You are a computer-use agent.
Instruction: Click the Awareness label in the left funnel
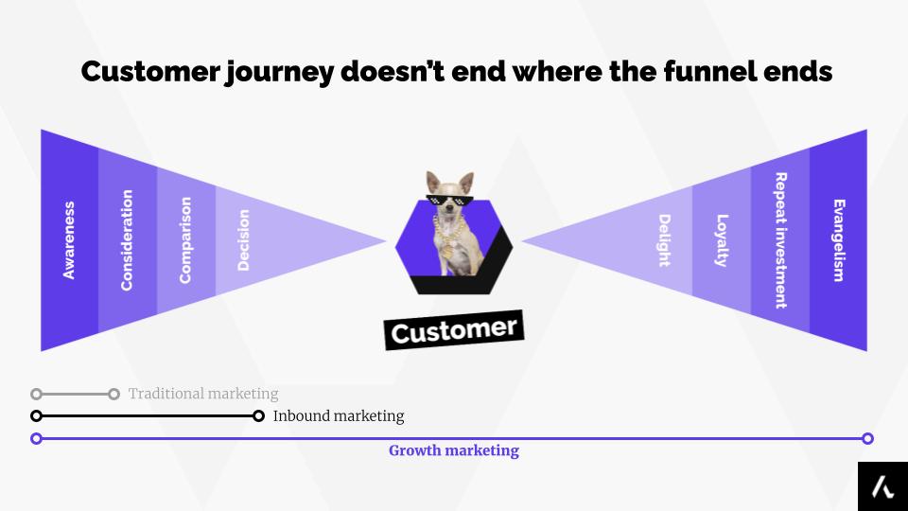point(69,240)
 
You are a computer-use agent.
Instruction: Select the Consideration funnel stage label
point(127,240)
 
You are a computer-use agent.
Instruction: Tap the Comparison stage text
point(185,240)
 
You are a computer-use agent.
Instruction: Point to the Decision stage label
point(244,240)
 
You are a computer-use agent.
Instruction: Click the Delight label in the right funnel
point(664,240)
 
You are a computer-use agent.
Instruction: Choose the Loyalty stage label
point(722,240)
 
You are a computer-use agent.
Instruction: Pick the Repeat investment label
point(780,240)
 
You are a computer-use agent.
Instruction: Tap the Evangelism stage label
point(838,240)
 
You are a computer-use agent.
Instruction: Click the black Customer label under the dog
point(454,331)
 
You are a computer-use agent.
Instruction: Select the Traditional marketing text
point(203,394)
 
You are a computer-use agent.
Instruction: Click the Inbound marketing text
point(339,416)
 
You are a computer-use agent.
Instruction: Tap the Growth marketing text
point(454,451)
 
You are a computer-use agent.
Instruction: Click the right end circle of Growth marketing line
point(868,438)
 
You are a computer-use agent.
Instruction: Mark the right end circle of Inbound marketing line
point(258,416)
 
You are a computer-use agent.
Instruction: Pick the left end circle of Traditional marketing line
point(36,394)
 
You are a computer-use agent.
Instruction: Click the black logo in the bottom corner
point(882,486)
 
